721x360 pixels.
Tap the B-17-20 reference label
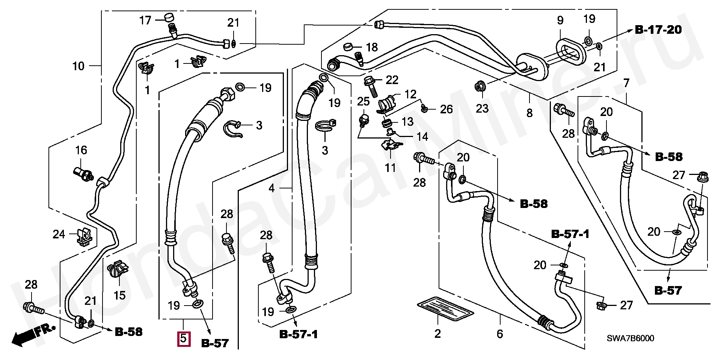pos(658,30)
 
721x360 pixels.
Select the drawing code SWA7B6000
pos(630,338)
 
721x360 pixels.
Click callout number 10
pos(78,66)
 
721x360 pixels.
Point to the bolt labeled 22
pos(372,86)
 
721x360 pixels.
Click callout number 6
pos(499,334)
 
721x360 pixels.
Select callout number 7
pos(626,82)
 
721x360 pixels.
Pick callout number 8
pos(529,113)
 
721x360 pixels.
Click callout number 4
pos(272,188)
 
